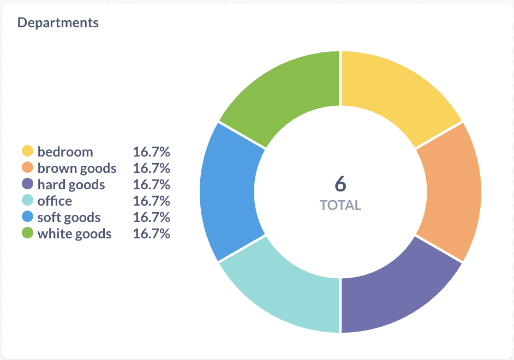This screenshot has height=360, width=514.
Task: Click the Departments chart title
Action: point(58,22)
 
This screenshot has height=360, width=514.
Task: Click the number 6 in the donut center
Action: point(340,184)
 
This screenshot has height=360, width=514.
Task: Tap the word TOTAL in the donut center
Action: point(340,206)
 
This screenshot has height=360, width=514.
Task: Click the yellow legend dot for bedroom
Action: point(27,151)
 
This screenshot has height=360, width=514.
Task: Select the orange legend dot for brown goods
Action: point(27,167)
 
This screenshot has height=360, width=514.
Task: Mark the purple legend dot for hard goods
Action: point(27,184)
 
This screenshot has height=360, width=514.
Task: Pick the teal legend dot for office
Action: point(27,201)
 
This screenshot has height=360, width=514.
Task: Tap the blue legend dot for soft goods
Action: point(27,217)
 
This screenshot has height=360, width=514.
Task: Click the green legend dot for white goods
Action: point(27,233)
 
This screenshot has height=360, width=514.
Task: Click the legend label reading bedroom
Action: point(65,152)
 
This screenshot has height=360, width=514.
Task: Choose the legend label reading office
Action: point(55,201)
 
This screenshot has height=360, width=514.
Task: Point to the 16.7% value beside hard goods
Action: point(151,184)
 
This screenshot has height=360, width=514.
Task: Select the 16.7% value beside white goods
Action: point(151,234)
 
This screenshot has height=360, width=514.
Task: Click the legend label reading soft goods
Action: point(69,218)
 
